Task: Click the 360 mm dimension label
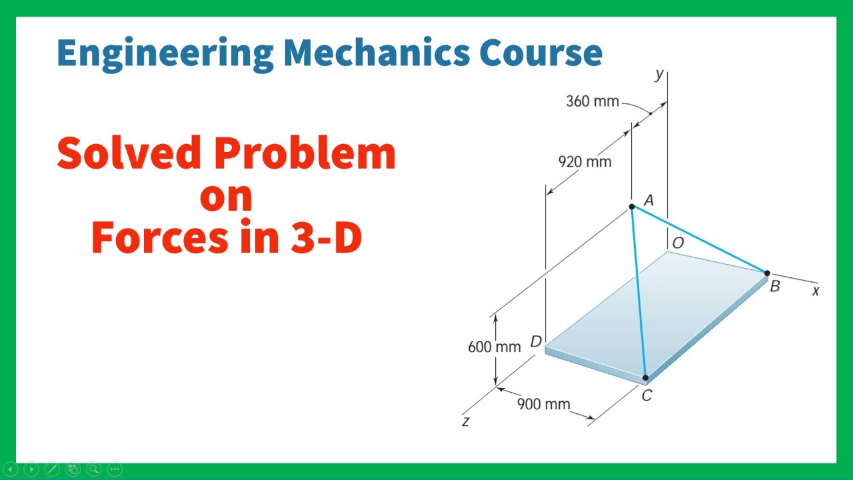point(592,102)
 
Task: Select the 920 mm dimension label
point(584,161)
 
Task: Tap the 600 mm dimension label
point(494,347)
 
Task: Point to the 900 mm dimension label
point(544,404)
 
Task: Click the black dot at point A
point(632,207)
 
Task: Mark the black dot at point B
point(767,273)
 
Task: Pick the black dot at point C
point(645,378)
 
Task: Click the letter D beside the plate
point(536,342)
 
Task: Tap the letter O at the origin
point(678,243)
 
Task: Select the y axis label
point(659,74)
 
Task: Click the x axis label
point(815,291)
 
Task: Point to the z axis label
point(466,421)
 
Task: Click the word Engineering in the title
point(165,53)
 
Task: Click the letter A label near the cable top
point(648,200)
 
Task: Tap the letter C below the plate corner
point(646,396)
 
